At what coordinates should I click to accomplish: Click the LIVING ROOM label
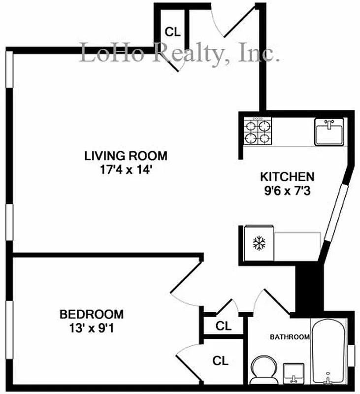click(x=126, y=156)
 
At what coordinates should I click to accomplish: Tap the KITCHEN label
click(x=287, y=176)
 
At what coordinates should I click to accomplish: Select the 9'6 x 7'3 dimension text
click(x=287, y=190)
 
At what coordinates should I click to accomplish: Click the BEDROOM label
click(x=92, y=314)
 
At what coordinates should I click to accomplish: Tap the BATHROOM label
click(x=290, y=337)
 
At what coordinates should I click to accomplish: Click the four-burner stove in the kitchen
click(x=259, y=131)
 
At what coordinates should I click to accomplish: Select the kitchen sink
click(x=329, y=132)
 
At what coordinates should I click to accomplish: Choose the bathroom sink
click(x=294, y=373)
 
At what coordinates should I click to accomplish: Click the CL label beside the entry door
click(x=173, y=33)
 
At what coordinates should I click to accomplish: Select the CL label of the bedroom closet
click(x=221, y=361)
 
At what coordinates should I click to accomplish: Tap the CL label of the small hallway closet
click(x=224, y=326)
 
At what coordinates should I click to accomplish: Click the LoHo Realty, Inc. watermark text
click(x=180, y=53)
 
